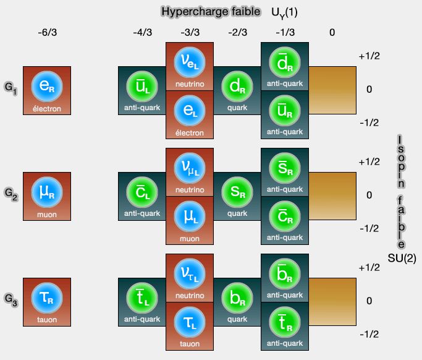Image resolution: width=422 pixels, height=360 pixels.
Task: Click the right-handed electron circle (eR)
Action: pyautogui.click(x=47, y=87)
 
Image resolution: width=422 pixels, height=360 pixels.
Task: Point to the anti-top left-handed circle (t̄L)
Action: pyautogui.click(x=141, y=299)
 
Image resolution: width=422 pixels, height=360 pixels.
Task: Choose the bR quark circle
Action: pyautogui.click(x=237, y=298)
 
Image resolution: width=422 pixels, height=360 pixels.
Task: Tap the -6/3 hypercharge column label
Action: pyautogui.click(x=47, y=33)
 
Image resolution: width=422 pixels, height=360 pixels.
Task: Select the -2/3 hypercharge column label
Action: pyautogui.click(x=237, y=33)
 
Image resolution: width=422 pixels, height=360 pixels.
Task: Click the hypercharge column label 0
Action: pyautogui.click(x=332, y=33)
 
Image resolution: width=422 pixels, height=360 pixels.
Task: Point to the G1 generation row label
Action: pyautogui.click(x=11, y=90)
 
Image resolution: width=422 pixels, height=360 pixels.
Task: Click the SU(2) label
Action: pyautogui.click(x=402, y=259)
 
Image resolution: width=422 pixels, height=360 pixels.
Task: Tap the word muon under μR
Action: pyautogui.click(x=47, y=215)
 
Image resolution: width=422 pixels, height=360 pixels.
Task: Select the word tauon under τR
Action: pyautogui.click(x=47, y=320)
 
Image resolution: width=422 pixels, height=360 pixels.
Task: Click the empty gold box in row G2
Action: pyautogui.click(x=332, y=195)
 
